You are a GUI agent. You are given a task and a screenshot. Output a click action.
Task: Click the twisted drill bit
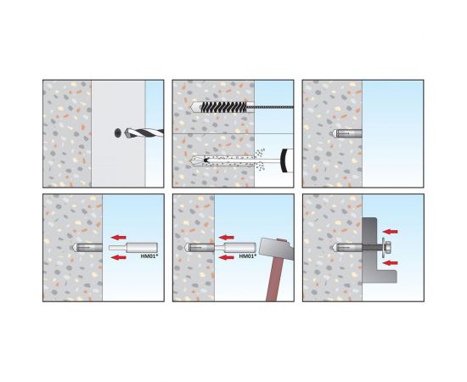(144, 132)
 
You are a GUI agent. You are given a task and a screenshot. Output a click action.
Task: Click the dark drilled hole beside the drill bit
(118, 132)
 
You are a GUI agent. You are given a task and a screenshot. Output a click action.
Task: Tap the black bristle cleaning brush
(224, 107)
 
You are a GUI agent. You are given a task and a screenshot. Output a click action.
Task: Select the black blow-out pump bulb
(287, 160)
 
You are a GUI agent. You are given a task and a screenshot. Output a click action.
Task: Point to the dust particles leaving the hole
(260, 160)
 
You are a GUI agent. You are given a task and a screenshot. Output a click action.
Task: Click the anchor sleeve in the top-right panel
(346, 133)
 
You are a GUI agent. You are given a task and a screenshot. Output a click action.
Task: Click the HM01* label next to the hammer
(248, 256)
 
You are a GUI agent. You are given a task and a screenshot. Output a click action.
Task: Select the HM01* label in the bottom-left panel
(149, 256)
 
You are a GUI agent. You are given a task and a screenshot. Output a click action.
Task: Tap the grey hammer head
(277, 249)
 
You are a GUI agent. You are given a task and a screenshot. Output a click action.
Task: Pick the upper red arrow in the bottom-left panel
(119, 238)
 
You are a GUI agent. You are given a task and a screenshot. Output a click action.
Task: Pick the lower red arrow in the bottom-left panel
(119, 257)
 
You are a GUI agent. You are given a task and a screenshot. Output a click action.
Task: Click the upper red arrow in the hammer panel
(227, 238)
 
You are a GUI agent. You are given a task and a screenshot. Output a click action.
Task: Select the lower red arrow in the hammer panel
(227, 257)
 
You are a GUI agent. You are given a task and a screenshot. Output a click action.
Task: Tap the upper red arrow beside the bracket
(391, 232)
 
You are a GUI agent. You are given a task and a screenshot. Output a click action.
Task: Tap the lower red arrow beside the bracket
(391, 263)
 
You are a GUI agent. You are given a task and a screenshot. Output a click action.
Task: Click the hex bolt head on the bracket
(387, 247)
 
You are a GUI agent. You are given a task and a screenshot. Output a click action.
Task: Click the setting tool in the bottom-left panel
(133, 247)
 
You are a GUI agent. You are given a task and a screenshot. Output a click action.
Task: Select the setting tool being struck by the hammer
(235, 247)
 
